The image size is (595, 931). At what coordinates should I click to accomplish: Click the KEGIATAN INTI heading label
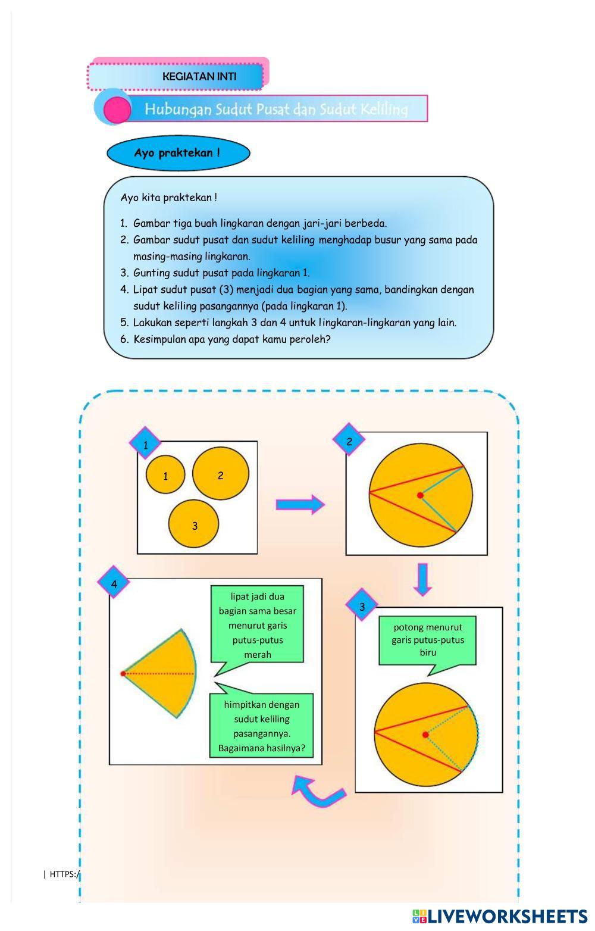(x=199, y=76)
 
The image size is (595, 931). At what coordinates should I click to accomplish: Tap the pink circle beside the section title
(x=117, y=110)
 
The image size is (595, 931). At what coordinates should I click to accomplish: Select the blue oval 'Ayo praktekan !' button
(x=178, y=153)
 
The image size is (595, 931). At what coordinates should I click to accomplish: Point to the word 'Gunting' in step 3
(x=151, y=273)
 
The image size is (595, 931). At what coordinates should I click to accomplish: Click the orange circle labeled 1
(x=165, y=474)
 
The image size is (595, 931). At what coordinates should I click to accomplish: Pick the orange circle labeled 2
(x=220, y=474)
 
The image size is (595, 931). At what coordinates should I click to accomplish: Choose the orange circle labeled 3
(x=194, y=525)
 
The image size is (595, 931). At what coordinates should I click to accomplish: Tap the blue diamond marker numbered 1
(x=146, y=444)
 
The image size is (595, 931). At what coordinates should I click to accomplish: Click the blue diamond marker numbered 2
(x=349, y=441)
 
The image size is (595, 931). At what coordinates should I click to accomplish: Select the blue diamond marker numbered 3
(x=362, y=607)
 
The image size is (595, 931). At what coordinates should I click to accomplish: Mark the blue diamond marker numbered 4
(x=114, y=584)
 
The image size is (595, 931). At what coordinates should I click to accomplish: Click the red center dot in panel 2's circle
(x=420, y=495)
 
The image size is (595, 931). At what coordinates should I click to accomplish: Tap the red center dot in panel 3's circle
(x=425, y=735)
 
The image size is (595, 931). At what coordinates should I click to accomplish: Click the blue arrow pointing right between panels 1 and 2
(x=300, y=505)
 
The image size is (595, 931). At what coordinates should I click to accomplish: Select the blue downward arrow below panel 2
(x=422, y=579)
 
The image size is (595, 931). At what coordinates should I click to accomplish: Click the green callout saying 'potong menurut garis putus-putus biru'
(x=428, y=641)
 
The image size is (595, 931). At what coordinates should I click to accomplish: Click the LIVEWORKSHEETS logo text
(x=500, y=916)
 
